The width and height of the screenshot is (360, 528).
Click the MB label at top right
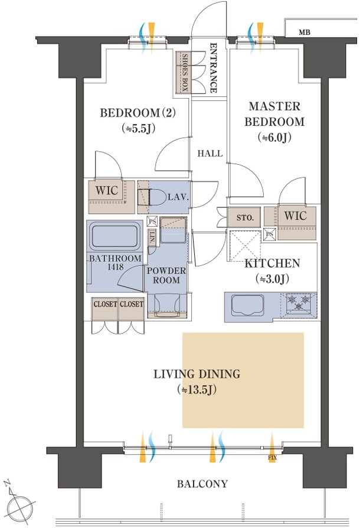[304, 32]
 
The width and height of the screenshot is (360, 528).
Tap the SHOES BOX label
[185, 73]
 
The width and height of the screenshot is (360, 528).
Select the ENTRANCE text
[213, 68]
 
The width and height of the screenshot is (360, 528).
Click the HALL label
[210, 154]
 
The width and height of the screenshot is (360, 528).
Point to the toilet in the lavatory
[152, 197]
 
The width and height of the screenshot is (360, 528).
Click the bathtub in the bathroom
[114, 236]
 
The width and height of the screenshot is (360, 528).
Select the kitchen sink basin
[247, 305]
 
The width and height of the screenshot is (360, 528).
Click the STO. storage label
[245, 217]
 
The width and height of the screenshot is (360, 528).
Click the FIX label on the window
[272, 458]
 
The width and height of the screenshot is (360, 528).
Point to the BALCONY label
[202, 484]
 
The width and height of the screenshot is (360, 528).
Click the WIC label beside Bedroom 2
[107, 191]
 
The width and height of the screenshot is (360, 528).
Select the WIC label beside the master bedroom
[296, 216]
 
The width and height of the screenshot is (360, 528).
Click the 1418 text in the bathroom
[116, 267]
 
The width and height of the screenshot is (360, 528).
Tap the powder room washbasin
[167, 304]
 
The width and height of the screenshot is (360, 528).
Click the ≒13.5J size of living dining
[197, 390]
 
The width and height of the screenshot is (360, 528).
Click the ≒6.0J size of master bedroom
[274, 138]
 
